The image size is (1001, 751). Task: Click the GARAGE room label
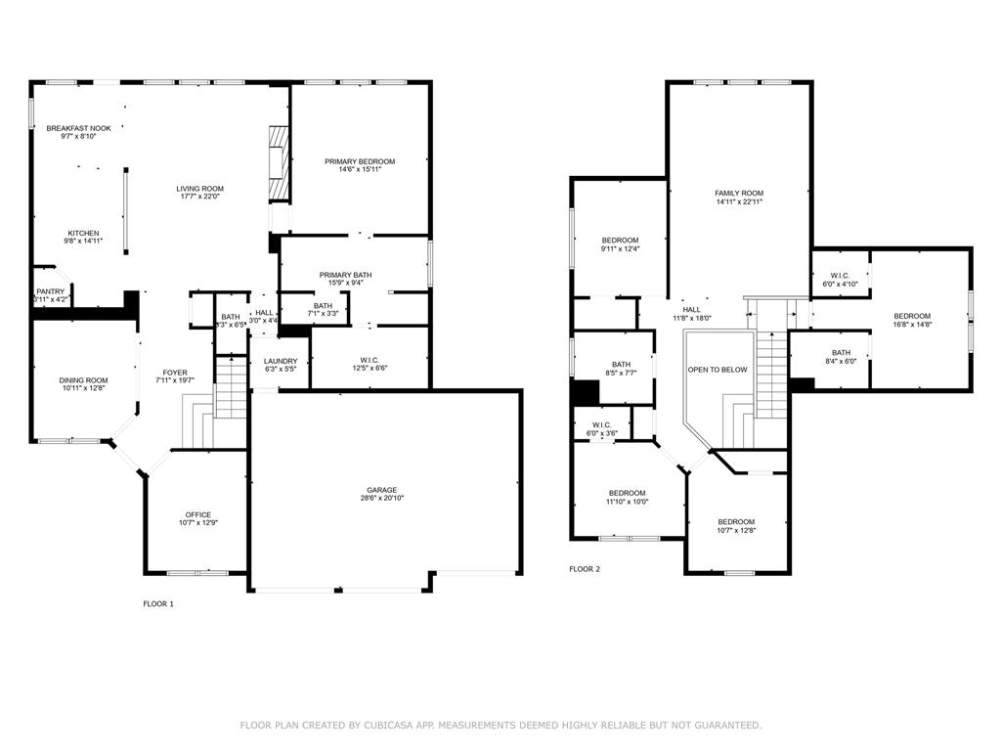click(x=382, y=490)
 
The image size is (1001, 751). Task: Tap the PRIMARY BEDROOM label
click(x=360, y=161)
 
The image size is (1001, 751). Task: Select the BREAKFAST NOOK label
click(x=78, y=128)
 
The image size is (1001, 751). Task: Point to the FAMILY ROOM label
click(x=739, y=194)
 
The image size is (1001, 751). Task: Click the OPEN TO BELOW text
click(x=718, y=370)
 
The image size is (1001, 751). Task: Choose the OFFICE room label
click(x=198, y=514)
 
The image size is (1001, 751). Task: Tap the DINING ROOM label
click(x=83, y=380)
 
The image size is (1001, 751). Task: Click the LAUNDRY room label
click(x=281, y=361)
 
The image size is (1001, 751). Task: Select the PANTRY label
click(x=50, y=291)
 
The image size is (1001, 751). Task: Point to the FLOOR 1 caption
click(x=158, y=603)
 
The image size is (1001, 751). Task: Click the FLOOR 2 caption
click(x=585, y=568)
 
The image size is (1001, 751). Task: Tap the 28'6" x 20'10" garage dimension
click(x=382, y=499)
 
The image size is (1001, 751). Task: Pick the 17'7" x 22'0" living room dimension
click(x=199, y=197)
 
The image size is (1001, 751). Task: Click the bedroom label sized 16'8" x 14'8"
click(x=912, y=316)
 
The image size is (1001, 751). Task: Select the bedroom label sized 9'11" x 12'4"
click(x=620, y=241)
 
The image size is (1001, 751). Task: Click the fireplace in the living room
click(x=279, y=161)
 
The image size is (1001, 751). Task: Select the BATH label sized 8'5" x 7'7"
click(x=622, y=365)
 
